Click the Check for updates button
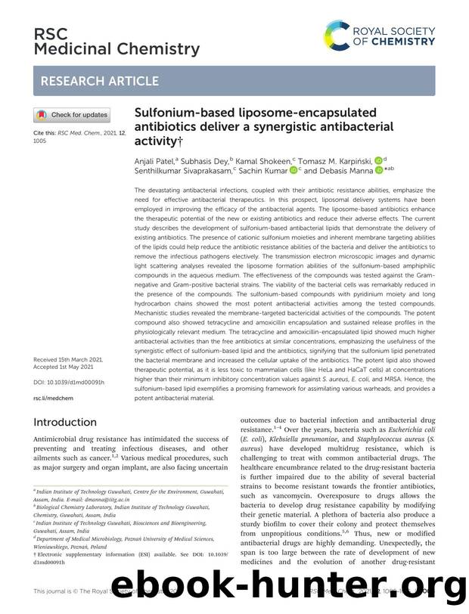tap(72, 115)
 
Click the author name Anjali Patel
tap(154, 160)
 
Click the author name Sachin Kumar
tap(270, 172)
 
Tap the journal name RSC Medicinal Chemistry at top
tap(116, 42)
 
